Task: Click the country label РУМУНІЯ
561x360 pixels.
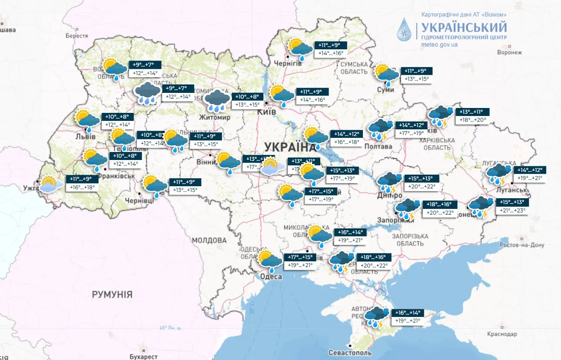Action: tap(112, 294)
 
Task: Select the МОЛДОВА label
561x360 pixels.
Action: tap(209, 240)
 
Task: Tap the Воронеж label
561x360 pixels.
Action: tap(509, 52)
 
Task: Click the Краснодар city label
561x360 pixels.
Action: tap(502, 334)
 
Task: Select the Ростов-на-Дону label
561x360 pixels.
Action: tap(522, 245)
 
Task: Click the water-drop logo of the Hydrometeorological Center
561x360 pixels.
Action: tap(405, 30)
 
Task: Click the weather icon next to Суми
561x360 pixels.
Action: tap(386, 74)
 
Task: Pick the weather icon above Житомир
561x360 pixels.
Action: tap(217, 100)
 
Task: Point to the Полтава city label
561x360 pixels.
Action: tap(378, 147)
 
